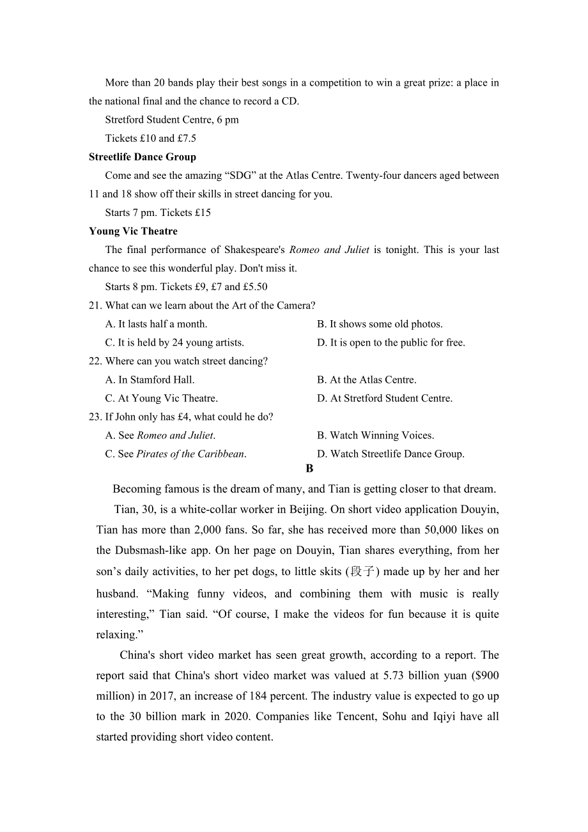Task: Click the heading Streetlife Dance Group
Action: pos(143,157)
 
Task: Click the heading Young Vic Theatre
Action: pos(133,231)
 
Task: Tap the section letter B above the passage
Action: pos(309,469)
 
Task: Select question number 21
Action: pos(95,306)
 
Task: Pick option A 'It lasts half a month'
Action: pos(156,325)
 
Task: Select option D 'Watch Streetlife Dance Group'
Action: pos(391,454)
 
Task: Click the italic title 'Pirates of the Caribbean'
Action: pos(190,454)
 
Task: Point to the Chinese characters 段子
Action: pos(362,571)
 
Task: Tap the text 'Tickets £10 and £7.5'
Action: pos(151,139)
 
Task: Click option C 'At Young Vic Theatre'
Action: pos(161,399)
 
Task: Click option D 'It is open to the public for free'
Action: pos(391,343)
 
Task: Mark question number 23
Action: pos(95,417)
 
